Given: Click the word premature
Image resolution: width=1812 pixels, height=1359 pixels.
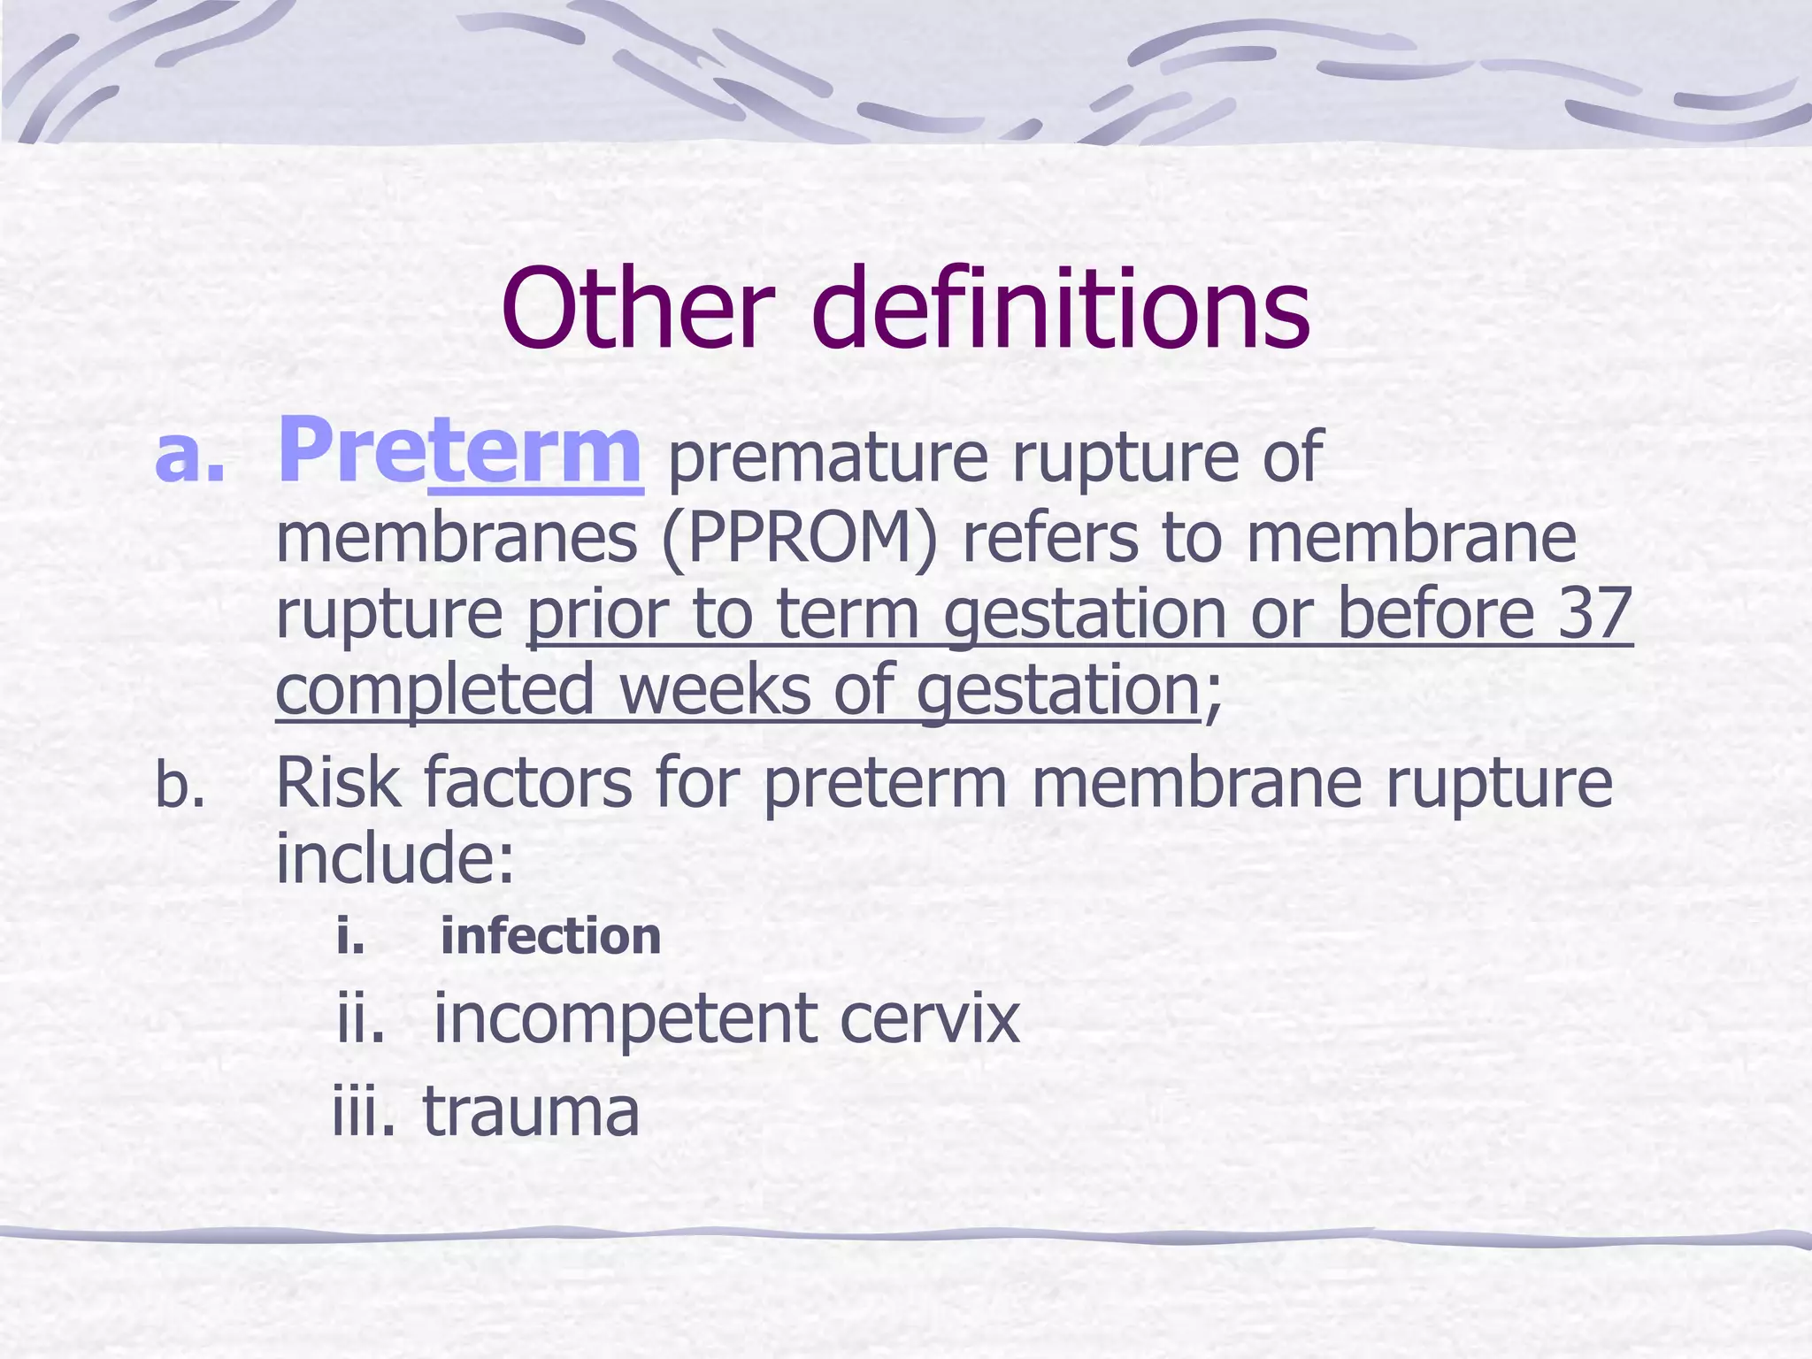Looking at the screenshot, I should [827, 458].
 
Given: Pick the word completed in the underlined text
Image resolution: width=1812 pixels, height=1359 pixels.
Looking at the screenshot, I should [434, 691].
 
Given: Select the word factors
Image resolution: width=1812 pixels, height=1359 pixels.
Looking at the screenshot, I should [528, 783].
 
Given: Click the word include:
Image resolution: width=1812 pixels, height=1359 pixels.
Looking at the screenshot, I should [395, 858].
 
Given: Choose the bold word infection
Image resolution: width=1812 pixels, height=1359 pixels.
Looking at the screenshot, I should [550, 936].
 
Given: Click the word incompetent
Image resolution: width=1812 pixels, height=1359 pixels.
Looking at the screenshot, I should [625, 1019].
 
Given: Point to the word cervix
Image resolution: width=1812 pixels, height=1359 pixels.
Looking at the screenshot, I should [929, 1019].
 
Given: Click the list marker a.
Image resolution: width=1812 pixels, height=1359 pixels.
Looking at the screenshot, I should [189, 457].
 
